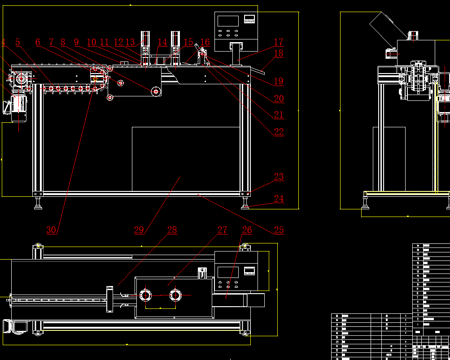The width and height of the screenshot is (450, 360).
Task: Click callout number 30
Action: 52,230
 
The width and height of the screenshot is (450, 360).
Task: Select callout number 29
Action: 139,230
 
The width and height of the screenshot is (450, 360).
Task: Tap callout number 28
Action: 172,230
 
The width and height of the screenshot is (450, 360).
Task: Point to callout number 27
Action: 223,230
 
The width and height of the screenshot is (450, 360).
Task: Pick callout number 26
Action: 247,230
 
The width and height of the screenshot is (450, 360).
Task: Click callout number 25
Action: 279,230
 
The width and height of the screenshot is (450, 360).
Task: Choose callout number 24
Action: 279,199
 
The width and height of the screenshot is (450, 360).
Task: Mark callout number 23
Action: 279,177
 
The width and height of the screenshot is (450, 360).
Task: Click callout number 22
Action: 279,132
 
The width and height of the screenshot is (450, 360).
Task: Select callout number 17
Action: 279,42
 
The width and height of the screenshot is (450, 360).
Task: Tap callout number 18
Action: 279,54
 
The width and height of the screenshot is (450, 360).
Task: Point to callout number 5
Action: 18,43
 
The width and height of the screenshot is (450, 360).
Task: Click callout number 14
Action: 162,43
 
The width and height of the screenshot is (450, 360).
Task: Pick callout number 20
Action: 279,99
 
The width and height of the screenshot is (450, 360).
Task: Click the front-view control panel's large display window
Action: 227,21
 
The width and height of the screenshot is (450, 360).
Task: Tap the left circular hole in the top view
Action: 146,295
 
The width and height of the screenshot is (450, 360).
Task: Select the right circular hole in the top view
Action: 175,295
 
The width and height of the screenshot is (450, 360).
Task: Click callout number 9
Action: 76,43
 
